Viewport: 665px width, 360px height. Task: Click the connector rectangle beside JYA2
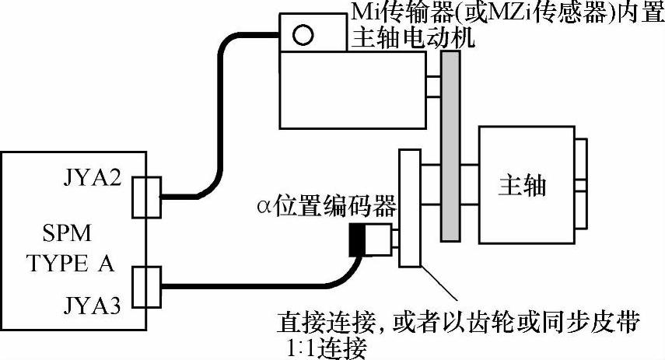tap(145, 197)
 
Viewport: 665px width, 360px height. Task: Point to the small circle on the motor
tap(303, 34)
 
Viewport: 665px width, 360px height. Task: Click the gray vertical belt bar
tap(449, 149)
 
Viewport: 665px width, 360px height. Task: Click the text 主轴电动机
tap(401, 37)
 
